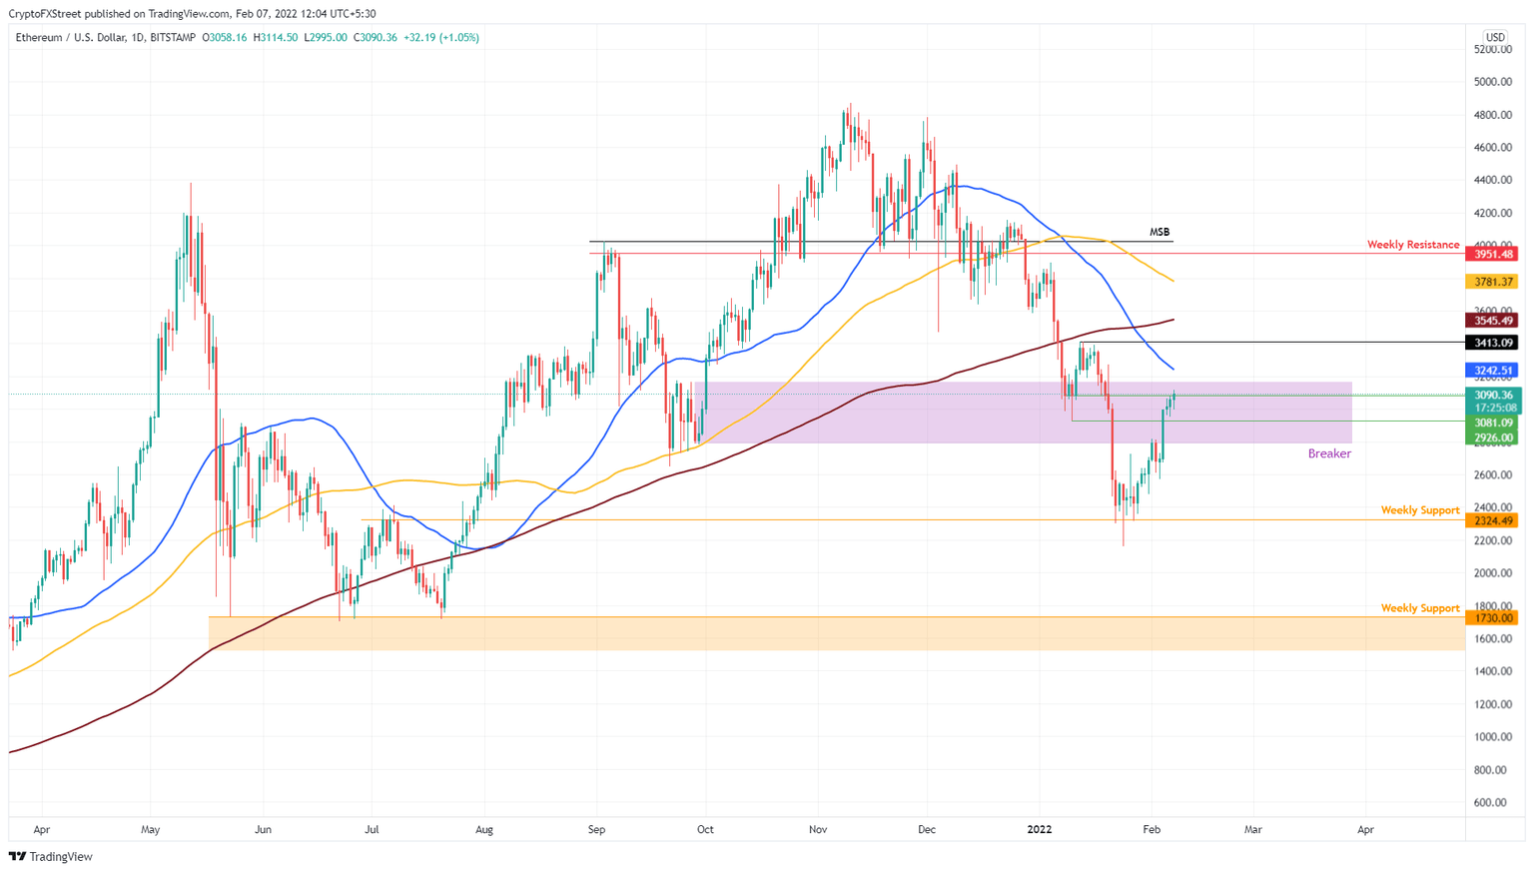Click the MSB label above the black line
point(1158,232)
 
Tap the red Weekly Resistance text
point(1412,245)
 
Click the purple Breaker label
point(1328,453)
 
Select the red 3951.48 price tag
point(1492,254)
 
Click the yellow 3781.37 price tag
point(1492,283)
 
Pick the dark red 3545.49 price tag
point(1492,321)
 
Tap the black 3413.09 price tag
point(1492,343)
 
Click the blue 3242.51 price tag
point(1492,371)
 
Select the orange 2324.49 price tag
point(1492,520)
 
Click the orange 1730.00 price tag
point(1492,618)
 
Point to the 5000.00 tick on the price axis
point(1492,82)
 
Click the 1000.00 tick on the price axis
point(1492,737)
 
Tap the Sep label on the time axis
point(596,829)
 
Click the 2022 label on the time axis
point(1040,829)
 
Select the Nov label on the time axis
point(818,829)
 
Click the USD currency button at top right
point(1494,37)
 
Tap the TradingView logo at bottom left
point(51,856)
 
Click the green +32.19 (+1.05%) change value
point(440,37)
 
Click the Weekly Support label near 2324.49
point(1419,510)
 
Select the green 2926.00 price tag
point(1492,438)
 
